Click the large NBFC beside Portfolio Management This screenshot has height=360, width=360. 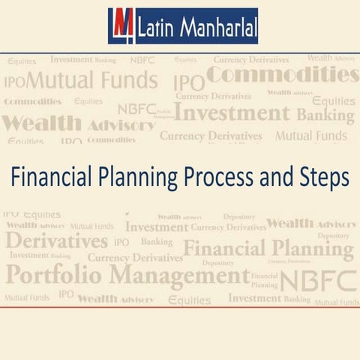pyautogui.click(x=316, y=278)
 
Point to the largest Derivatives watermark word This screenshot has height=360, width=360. pyautogui.click(x=57, y=241)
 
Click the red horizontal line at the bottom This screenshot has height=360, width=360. pyautogui.click(x=180, y=307)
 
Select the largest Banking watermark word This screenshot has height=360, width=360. pyautogui.click(x=325, y=115)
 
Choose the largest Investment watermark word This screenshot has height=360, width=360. pyautogui.click(x=232, y=115)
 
